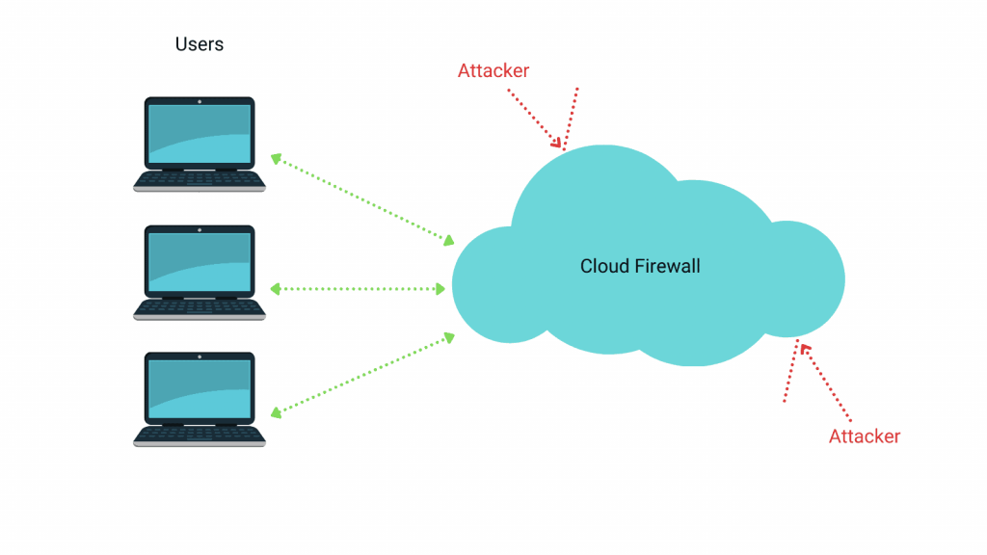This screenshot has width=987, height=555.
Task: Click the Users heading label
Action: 200,44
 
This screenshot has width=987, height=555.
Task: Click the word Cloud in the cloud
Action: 605,266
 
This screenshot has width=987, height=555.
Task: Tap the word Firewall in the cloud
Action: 668,266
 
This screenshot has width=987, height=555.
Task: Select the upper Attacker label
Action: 493,70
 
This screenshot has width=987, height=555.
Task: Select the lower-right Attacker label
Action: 865,436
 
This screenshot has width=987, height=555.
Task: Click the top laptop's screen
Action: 200,133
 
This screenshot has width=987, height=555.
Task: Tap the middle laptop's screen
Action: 200,261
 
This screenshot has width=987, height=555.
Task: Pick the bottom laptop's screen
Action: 200,388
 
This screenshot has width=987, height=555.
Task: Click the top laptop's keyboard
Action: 200,179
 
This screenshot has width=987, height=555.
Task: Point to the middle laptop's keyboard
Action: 200,307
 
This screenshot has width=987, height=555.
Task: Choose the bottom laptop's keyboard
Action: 200,435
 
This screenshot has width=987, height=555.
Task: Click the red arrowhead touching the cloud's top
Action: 557,144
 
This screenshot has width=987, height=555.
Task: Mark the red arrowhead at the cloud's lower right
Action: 804,349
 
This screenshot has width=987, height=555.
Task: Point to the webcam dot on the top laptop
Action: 200,101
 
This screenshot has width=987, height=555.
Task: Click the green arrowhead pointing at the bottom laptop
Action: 276,412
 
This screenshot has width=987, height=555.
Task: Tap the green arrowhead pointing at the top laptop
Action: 276,158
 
